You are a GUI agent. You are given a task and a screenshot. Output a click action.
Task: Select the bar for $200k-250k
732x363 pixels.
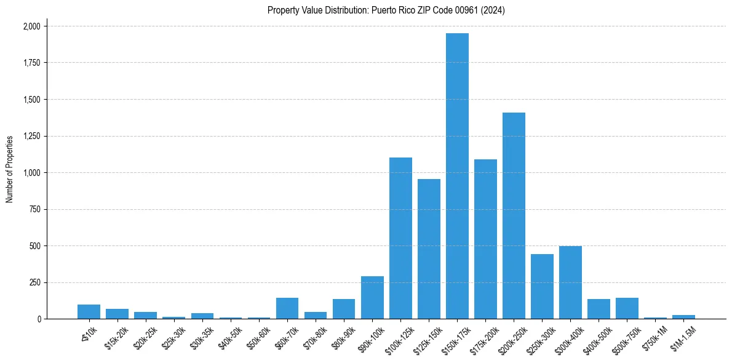[x=514, y=215]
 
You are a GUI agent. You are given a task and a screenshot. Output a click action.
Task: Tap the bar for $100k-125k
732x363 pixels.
[x=400, y=238]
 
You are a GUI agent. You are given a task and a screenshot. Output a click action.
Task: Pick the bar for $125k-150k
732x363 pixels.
[x=429, y=249]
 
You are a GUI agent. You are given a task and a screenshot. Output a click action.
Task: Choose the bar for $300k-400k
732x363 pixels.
[x=570, y=282]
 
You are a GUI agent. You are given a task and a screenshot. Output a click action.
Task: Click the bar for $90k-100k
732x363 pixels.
[x=372, y=298]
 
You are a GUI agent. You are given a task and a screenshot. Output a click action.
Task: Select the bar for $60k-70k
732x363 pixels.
[x=287, y=308]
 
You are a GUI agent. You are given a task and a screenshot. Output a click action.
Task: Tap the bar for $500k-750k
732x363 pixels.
[x=627, y=308]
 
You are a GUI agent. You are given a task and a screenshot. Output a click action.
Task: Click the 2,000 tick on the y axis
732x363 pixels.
[x=31, y=26]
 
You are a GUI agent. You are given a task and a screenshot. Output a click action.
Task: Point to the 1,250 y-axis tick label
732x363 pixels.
[x=31, y=136]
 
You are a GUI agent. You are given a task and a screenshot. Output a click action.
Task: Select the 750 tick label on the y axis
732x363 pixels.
[x=35, y=209]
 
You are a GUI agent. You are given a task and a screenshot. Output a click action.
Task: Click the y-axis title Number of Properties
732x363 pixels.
[x=10, y=169]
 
